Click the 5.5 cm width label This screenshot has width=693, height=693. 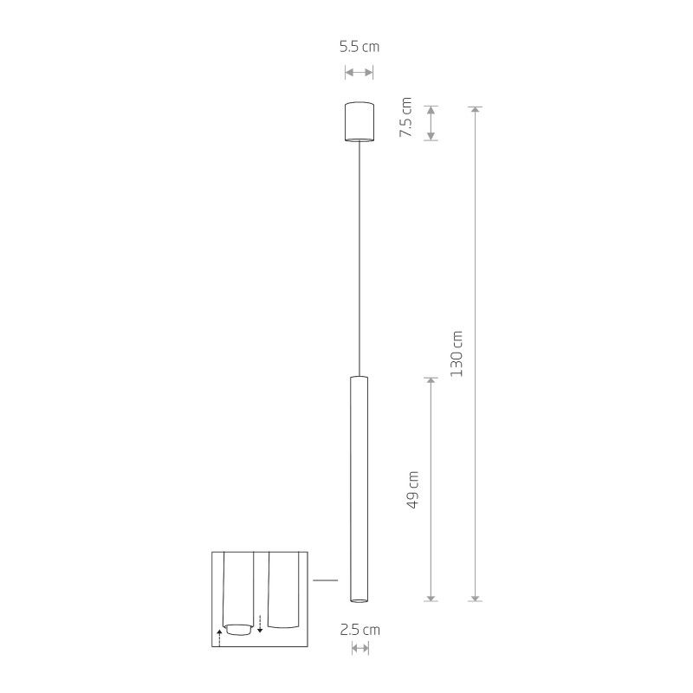pyautogui.click(x=359, y=47)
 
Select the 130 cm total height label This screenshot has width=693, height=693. pyautogui.click(x=457, y=353)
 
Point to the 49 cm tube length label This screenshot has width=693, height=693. pyautogui.click(x=412, y=489)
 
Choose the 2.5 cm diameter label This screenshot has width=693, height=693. pyautogui.click(x=359, y=630)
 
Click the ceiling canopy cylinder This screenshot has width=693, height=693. pyautogui.click(x=359, y=122)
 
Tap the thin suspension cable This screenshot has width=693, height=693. pyautogui.click(x=359, y=260)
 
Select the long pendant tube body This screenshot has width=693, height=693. pyautogui.click(x=359, y=485)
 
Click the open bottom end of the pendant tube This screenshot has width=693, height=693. pyautogui.click(x=359, y=599)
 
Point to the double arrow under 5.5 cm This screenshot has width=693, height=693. pyautogui.click(x=359, y=73)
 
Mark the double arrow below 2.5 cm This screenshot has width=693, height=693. pyautogui.click(x=359, y=649)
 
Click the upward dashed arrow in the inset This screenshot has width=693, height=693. pyautogui.click(x=220, y=639)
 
